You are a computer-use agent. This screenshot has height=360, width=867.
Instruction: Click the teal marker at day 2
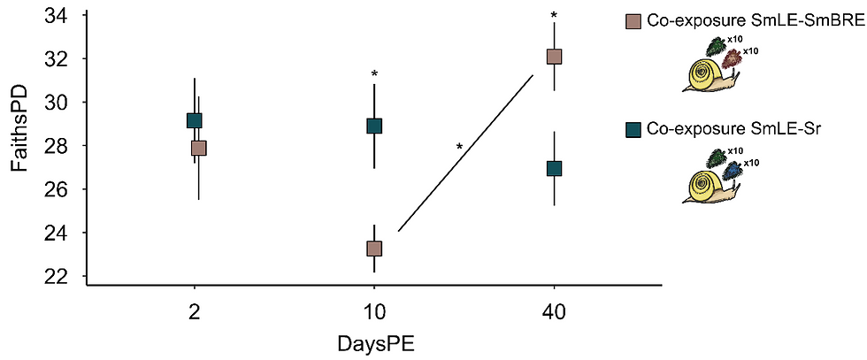click(x=194, y=120)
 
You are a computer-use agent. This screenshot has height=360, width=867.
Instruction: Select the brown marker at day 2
click(x=199, y=148)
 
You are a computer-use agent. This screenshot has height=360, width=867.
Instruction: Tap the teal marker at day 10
click(x=374, y=126)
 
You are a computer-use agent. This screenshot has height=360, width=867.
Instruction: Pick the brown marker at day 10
click(x=374, y=249)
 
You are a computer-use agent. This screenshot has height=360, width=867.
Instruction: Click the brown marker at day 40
click(x=555, y=57)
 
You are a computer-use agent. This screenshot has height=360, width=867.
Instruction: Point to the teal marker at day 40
click(x=555, y=168)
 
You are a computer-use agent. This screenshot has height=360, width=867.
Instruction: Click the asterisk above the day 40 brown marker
click(x=554, y=16)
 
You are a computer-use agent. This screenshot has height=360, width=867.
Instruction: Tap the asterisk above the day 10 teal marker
click(x=374, y=74)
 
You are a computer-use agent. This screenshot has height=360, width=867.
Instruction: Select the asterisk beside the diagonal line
click(x=459, y=148)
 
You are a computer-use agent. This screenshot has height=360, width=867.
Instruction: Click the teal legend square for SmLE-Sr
click(x=633, y=130)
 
